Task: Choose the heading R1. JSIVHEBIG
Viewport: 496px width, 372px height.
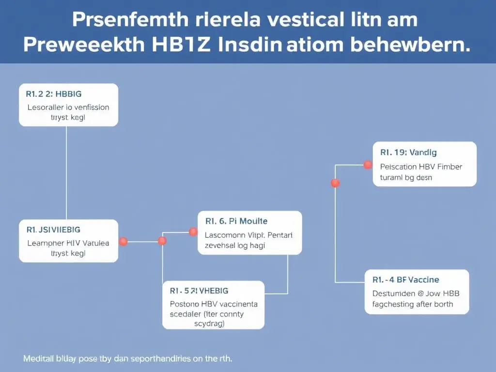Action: (54, 230)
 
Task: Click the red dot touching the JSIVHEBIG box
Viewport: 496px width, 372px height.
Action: (123, 241)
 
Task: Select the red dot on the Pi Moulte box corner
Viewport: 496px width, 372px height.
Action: (193, 232)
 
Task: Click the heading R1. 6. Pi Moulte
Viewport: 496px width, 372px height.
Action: (236, 221)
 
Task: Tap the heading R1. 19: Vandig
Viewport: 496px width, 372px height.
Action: (408, 153)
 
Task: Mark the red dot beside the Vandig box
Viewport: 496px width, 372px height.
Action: (368, 165)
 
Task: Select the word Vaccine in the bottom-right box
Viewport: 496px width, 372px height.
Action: (423, 280)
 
